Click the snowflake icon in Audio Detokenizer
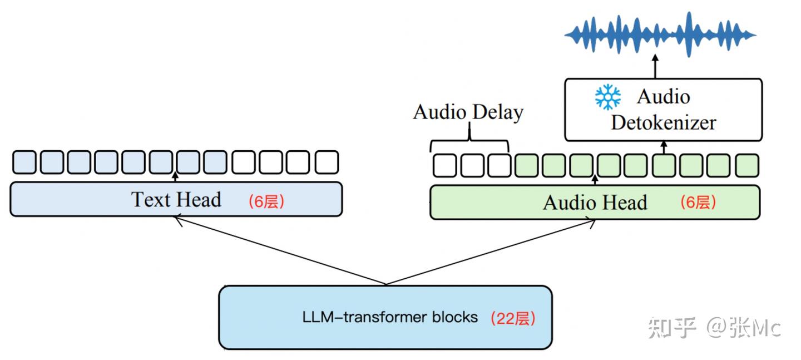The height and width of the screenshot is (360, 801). coord(607,97)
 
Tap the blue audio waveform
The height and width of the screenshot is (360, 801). coord(660,34)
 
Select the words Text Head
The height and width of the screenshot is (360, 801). coord(176,199)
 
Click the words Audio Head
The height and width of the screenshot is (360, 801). coord(595,203)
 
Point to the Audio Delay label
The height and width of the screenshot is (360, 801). coord(468,112)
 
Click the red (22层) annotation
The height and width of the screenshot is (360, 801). coord(512,318)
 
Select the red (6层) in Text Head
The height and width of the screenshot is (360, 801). coord(266,201)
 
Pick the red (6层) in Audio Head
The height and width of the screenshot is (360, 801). coord(698,203)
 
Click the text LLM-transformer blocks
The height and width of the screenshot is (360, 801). coord(390,317)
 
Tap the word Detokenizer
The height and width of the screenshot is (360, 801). coord(663,122)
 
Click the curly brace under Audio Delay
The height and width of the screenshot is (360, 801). coord(469,139)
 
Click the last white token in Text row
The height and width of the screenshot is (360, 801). coord(327,162)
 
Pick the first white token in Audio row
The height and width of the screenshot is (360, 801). coord(444,165)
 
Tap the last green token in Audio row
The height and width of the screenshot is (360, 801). coord(746,165)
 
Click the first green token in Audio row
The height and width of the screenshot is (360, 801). coord(527,165)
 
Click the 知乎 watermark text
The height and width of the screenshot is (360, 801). coord(671,328)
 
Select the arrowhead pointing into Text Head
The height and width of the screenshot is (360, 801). coord(177,220)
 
